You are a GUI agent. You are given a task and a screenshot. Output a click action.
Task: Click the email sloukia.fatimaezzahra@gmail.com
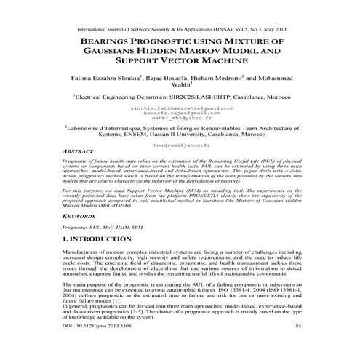coord(180,108)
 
